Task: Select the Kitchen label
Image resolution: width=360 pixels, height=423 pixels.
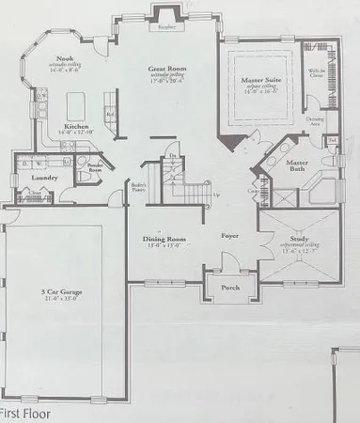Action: click(x=76, y=126)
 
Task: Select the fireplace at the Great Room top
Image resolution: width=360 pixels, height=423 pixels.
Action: click(x=167, y=14)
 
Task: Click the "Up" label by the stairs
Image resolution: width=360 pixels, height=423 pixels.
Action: click(x=218, y=195)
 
